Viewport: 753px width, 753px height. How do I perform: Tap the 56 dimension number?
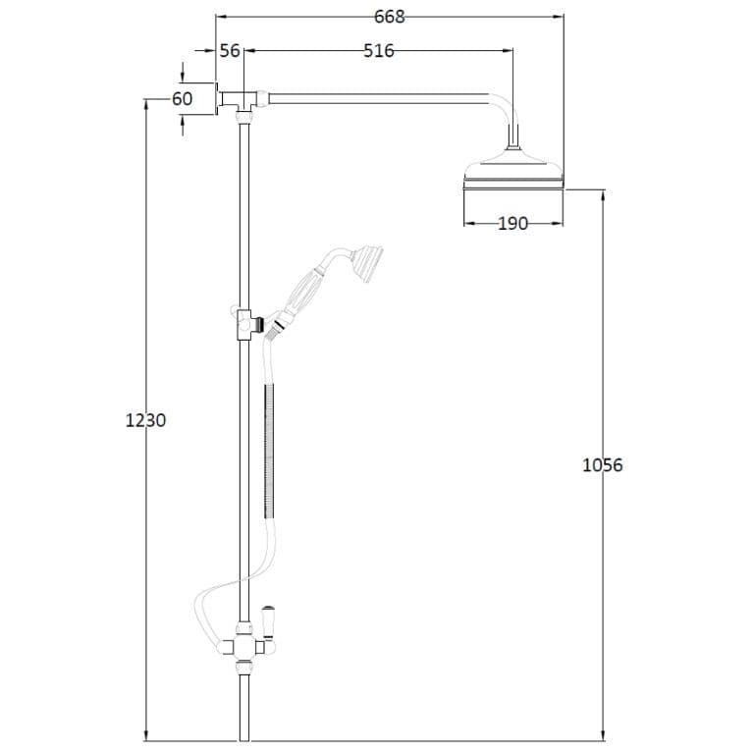pyautogui.click(x=230, y=51)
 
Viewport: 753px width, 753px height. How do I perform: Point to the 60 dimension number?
pyautogui.click(x=182, y=99)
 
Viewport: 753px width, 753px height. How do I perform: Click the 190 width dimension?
pyautogui.click(x=512, y=224)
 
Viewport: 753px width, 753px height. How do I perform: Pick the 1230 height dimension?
pyautogui.click(x=146, y=420)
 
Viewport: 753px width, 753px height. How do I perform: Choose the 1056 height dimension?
pyautogui.click(x=603, y=465)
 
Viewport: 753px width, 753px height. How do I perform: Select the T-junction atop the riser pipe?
pyautogui.click(x=243, y=99)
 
